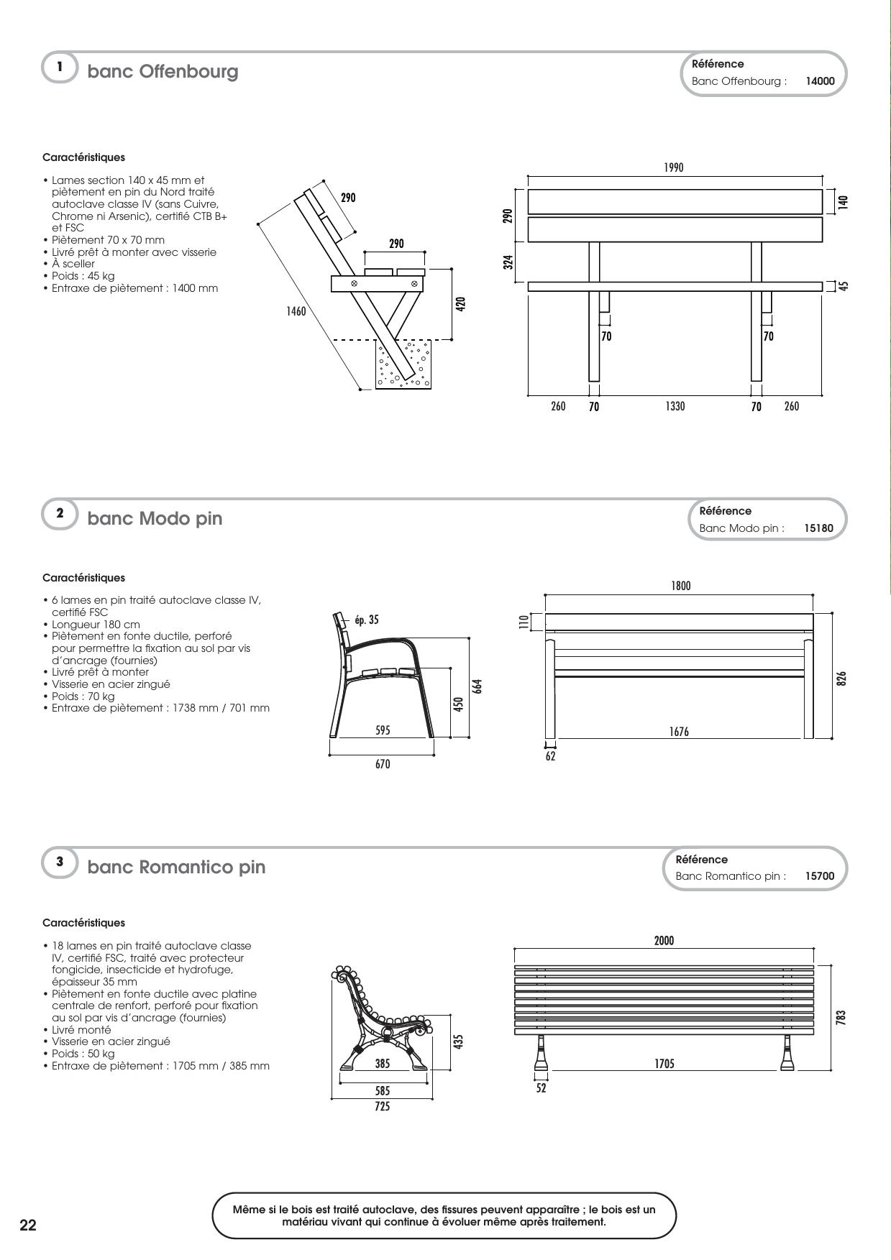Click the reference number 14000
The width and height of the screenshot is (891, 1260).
click(x=820, y=81)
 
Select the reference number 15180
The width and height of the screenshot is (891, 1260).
click(x=818, y=528)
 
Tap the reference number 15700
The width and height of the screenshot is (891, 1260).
click(x=820, y=876)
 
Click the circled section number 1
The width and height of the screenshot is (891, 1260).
click(x=60, y=67)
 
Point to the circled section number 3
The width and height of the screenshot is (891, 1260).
click(x=60, y=861)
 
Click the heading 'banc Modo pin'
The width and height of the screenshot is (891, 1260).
click(x=155, y=518)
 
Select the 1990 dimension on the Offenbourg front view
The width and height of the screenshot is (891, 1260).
click(x=674, y=167)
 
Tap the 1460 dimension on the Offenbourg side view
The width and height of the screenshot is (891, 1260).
click(x=296, y=311)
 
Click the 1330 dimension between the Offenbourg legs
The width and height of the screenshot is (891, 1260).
click(x=675, y=407)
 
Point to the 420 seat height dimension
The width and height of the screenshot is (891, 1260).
click(x=461, y=303)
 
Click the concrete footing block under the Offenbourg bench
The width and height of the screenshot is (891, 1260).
click(x=403, y=365)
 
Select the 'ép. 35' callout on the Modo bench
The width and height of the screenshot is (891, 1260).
click(x=366, y=620)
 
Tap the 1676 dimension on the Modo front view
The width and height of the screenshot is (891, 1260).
click(x=679, y=732)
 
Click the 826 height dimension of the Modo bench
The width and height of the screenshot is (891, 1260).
click(x=842, y=678)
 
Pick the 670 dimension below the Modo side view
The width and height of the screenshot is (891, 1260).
click(x=383, y=764)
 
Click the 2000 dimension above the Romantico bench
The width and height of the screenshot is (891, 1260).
click(x=664, y=940)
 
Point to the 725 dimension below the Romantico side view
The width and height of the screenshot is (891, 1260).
click(x=383, y=1107)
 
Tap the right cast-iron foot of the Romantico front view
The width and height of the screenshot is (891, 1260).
click(x=787, y=1054)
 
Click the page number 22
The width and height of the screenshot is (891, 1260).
click(x=27, y=1225)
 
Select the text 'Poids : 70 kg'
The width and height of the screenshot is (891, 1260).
click(x=83, y=696)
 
